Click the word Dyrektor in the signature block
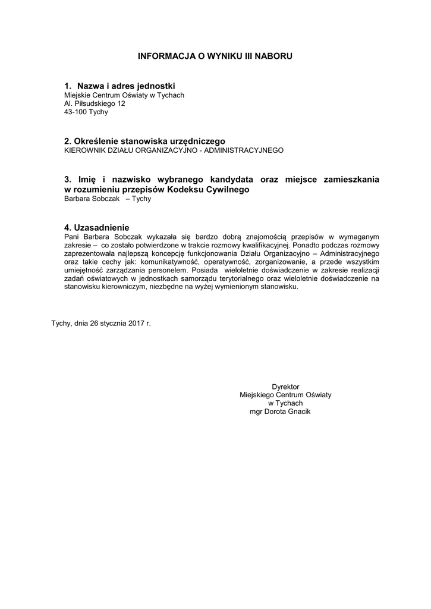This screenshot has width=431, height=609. [x=285, y=387]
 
